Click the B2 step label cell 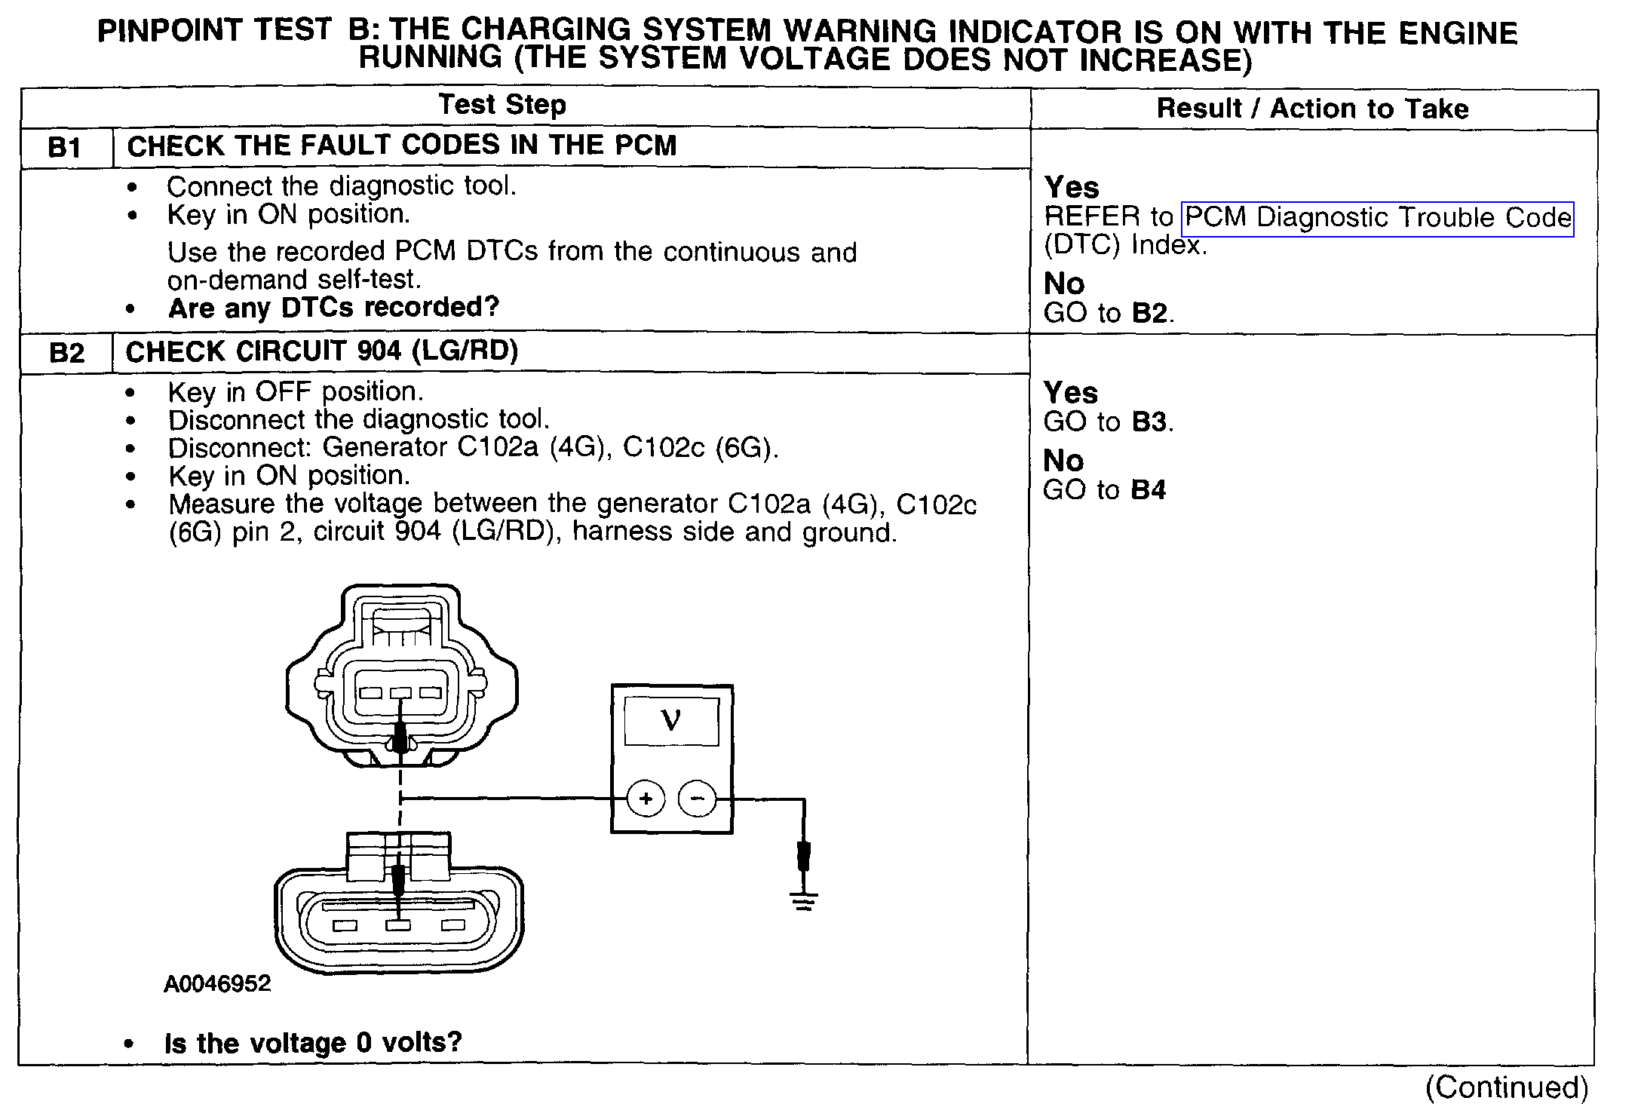[66, 353]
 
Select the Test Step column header [502, 105]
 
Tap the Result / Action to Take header [1312, 109]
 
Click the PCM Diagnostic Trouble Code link [1378, 219]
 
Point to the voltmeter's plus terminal [646, 799]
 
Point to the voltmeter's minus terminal [698, 799]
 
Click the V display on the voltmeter [670, 721]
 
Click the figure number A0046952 [217, 984]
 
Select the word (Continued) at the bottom [1507, 1087]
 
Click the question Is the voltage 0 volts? [313, 1043]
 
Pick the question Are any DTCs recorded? [333, 308]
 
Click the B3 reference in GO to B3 [1149, 422]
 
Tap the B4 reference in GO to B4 [1149, 490]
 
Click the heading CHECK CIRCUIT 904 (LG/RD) [322, 352]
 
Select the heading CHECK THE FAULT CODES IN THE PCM [402, 146]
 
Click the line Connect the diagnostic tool [341, 186]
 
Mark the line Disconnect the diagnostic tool [359, 419]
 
